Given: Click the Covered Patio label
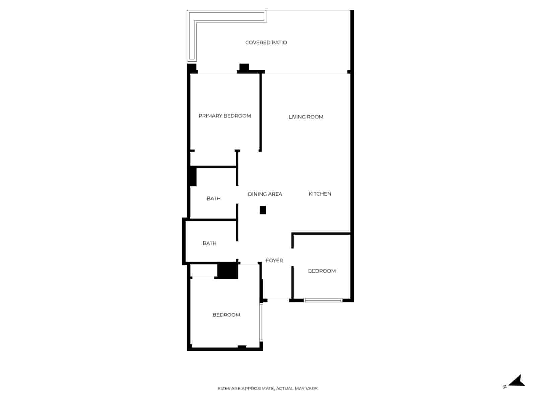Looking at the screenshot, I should point(266,43).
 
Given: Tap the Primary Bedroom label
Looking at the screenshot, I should point(225,116).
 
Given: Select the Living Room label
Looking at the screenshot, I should point(306,117).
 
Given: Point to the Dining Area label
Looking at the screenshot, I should point(265,194).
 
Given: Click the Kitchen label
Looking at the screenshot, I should point(320,194).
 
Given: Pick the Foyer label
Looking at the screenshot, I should point(274,260).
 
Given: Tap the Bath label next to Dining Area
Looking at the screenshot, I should point(213,198).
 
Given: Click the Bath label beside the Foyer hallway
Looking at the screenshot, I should point(209,243).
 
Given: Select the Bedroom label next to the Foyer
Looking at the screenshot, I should point(322,271).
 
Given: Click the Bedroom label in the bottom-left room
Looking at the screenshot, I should point(226,315).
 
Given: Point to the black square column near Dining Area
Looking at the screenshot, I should point(263,210).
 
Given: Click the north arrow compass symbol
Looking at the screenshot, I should point(518,381).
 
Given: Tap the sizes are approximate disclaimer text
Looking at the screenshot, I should point(268,389).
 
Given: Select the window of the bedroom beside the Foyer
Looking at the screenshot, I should point(323,300).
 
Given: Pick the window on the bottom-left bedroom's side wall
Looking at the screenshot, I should point(261,322).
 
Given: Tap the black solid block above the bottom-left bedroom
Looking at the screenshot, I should point(228,271).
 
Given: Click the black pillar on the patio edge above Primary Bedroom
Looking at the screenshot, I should point(244,67).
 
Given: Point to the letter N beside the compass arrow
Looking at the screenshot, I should point(505,387).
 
